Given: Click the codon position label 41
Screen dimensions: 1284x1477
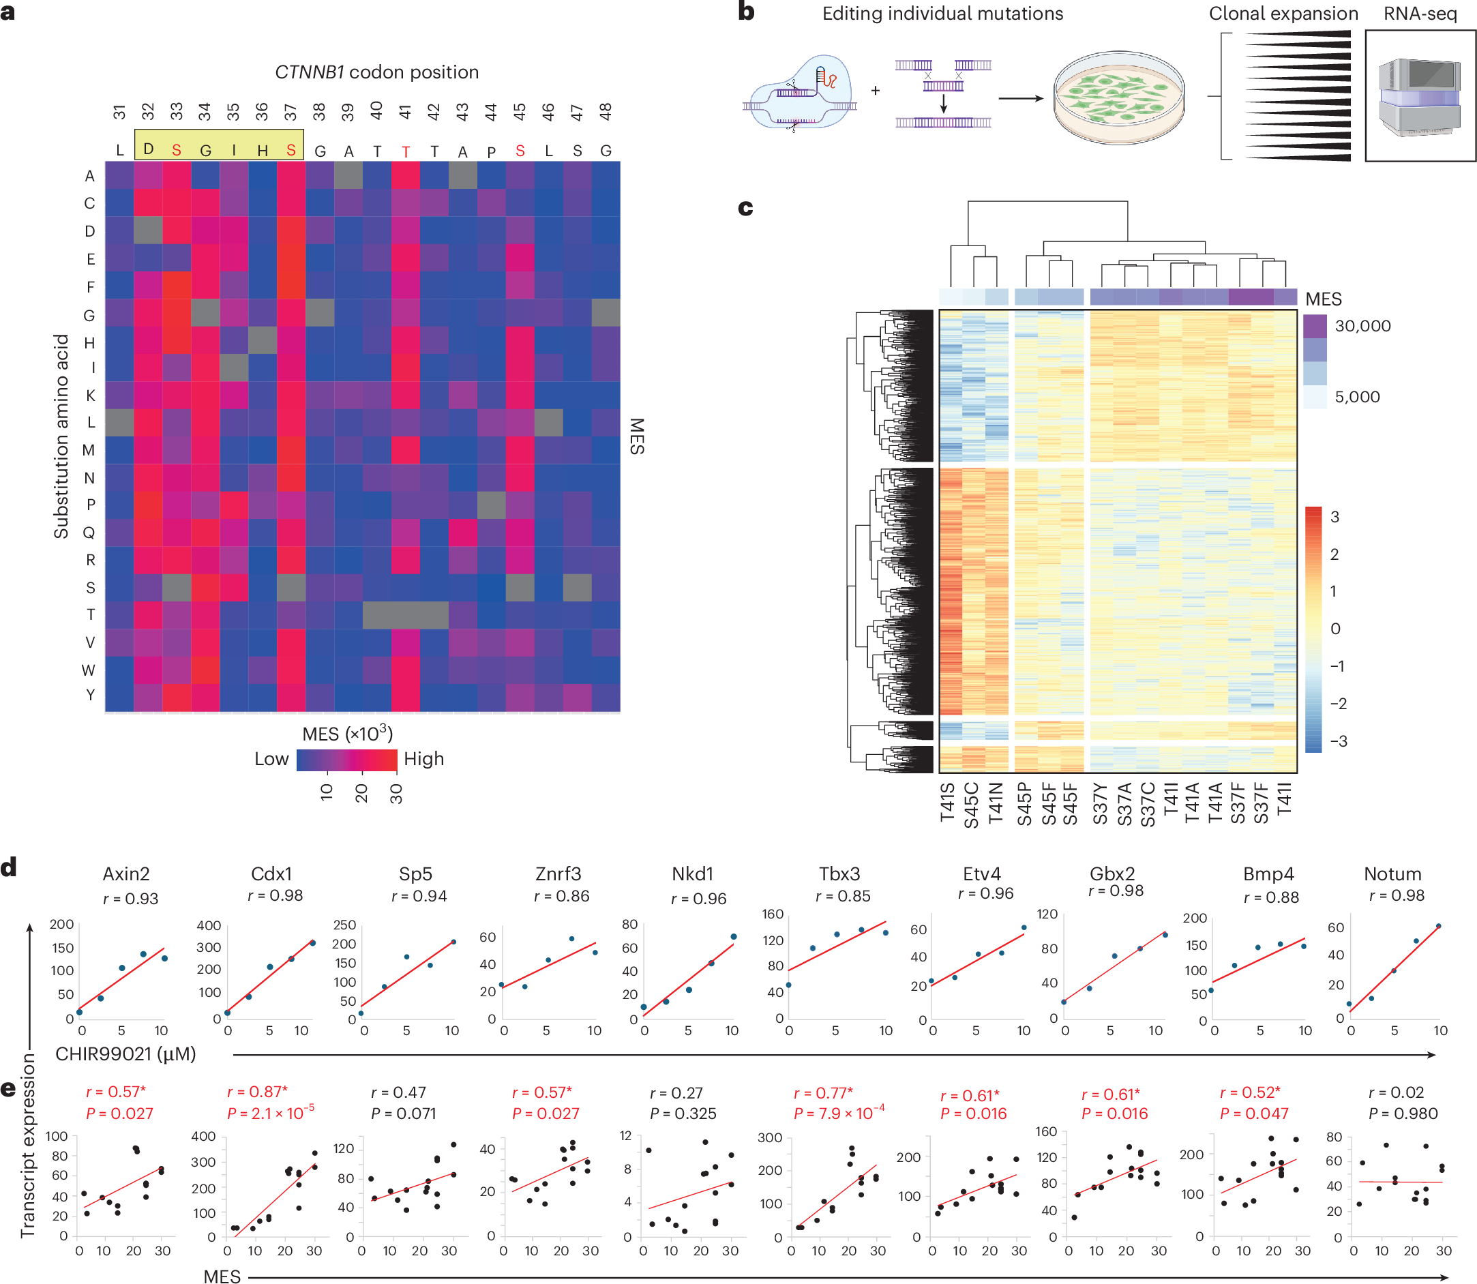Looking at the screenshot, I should click(405, 111).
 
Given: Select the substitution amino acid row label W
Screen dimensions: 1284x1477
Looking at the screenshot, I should click(88, 670).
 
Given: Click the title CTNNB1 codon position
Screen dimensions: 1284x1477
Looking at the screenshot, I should click(376, 72).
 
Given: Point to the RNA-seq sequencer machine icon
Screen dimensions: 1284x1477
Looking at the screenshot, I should click(1419, 97).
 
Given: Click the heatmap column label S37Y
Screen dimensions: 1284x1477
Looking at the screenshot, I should click(1101, 804).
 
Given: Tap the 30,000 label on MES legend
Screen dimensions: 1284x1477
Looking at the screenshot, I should click(1362, 326).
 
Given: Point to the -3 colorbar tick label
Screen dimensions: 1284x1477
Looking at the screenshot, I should click(1337, 741).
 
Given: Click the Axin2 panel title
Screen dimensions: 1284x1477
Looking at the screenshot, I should click(126, 874).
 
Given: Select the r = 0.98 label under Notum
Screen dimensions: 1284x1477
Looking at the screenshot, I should click(1396, 895).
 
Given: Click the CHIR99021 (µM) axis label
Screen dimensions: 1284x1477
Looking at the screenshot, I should click(125, 1054).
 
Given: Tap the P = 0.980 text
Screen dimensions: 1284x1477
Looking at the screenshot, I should click(1403, 1114).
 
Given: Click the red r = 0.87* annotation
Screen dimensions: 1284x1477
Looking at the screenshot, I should click(257, 1092).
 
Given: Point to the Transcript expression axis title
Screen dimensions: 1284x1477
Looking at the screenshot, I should click(27, 1146).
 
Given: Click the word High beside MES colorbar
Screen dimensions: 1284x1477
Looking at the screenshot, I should click(423, 759).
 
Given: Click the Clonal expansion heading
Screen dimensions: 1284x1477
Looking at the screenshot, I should click(1283, 14).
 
